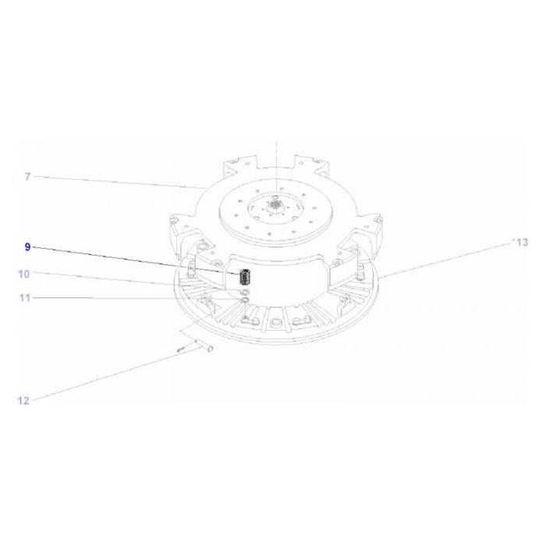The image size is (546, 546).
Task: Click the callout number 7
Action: pyautogui.click(x=27, y=177)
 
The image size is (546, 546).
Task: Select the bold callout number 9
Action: pyautogui.click(x=27, y=246)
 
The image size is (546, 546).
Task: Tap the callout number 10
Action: pyautogui.click(x=24, y=274)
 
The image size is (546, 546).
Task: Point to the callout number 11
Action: pyautogui.click(x=24, y=298)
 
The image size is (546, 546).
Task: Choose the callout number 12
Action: pyautogui.click(x=23, y=401)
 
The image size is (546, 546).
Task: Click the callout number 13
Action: pyautogui.click(x=521, y=243)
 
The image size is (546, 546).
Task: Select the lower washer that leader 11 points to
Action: pyautogui.click(x=245, y=300)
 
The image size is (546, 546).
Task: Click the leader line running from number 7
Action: pyautogui.click(x=117, y=182)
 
